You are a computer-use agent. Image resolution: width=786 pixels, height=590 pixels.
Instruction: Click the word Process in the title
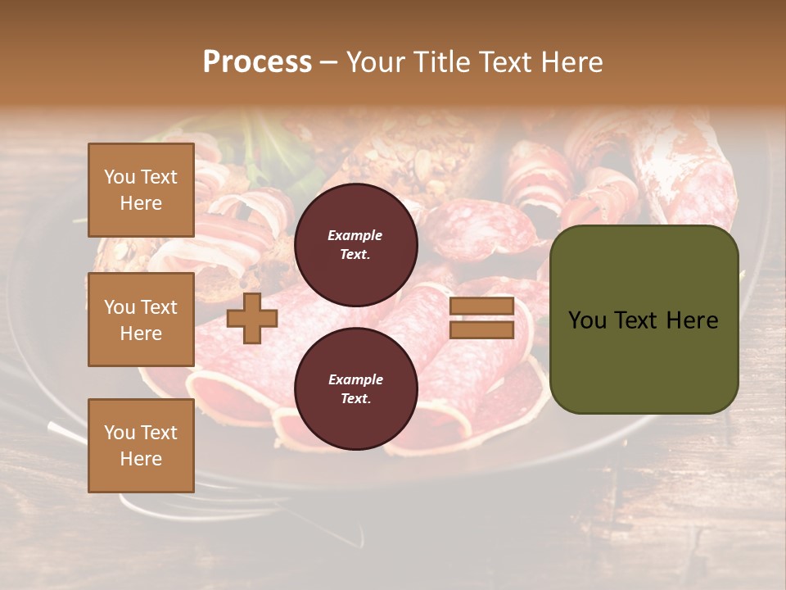point(257,62)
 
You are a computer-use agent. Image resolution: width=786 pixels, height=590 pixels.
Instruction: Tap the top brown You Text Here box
point(141,190)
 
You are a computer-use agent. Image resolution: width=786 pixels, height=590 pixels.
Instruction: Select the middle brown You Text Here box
point(141,320)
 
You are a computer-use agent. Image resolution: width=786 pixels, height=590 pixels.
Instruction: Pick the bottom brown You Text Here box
point(141,446)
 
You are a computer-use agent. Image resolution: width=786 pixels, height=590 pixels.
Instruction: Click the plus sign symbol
point(252,319)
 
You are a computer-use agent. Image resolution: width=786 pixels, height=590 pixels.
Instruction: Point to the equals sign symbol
point(481,319)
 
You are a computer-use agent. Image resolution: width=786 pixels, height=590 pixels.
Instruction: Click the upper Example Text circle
point(355,245)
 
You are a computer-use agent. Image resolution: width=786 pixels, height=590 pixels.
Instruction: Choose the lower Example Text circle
point(355,389)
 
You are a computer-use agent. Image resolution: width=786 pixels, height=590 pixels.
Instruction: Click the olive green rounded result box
point(644,320)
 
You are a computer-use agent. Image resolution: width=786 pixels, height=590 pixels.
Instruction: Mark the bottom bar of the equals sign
point(481,329)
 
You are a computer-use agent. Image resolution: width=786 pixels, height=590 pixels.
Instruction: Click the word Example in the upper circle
point(355,236)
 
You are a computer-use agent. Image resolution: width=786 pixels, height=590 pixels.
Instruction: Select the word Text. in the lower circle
point(355,399)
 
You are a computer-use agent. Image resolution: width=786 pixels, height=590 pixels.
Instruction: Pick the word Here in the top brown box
point(141,203)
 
